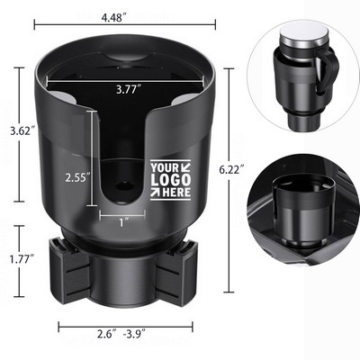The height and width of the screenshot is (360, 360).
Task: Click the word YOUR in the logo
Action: point(166,168)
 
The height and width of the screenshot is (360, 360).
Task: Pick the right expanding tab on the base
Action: point(180,269)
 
